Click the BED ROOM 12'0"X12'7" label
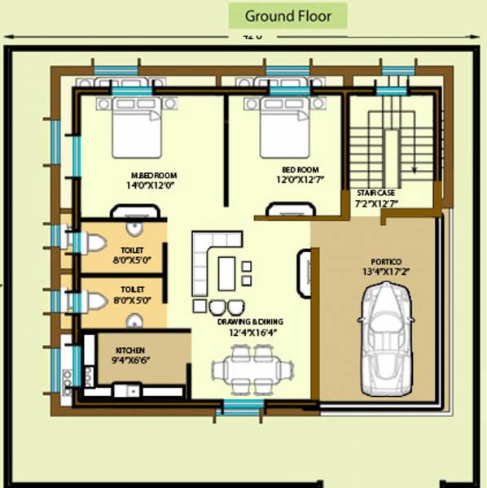pos(295,176)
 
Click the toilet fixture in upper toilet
pos(90,242)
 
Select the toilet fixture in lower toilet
pos(91,301)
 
